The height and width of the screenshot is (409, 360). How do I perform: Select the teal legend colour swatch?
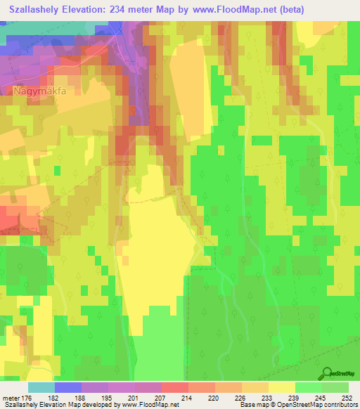41,387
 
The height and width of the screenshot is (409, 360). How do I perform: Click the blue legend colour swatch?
68,387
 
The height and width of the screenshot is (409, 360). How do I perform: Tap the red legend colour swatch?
174,387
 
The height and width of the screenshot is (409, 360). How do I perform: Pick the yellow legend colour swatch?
281,387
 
